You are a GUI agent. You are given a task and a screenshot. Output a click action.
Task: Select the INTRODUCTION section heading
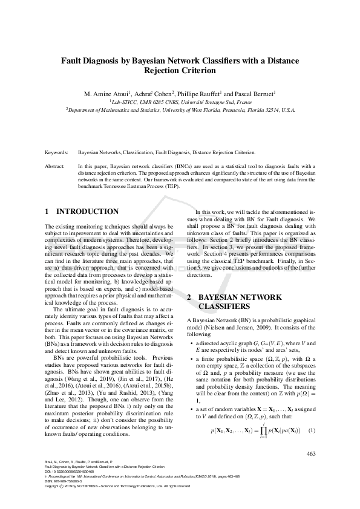pos(87,212)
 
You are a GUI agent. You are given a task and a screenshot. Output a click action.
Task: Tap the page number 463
pos(312,454)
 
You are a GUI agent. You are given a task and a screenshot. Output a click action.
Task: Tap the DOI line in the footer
pos(73,473)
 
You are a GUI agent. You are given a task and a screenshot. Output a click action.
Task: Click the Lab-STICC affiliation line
pos(180,103)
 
